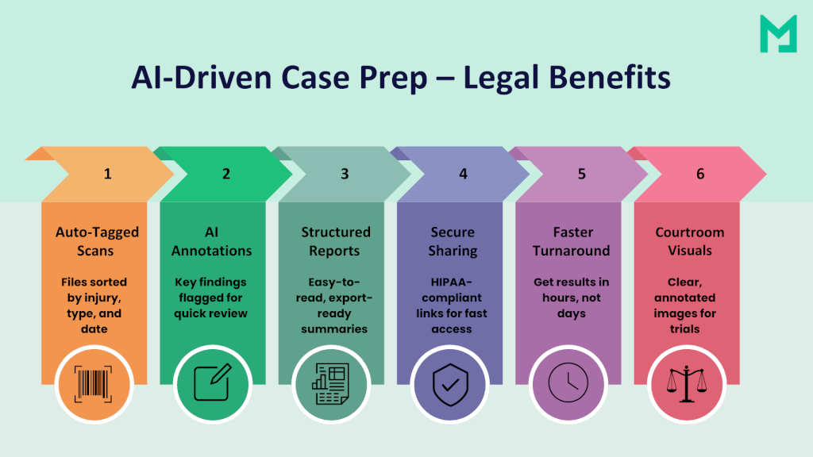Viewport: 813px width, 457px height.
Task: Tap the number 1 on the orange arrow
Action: (108, 174)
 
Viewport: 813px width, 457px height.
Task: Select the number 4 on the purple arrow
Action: (463, 174)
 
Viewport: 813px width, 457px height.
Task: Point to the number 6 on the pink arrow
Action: (700, 174)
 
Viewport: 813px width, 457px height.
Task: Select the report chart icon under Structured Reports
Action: (331, 385)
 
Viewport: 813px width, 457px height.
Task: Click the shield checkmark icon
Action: (450, 385)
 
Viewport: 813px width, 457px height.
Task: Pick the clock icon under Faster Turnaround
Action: (568, 385)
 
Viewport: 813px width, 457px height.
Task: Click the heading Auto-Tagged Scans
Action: (97, 241)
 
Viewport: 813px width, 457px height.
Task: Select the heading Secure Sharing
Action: (453, 241)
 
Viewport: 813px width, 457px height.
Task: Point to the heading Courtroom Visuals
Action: (689, 241)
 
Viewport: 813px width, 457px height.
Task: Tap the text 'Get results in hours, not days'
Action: (571, 298)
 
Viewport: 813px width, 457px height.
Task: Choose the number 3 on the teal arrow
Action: (345, 174)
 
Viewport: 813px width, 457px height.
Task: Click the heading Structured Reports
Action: (335, 241)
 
